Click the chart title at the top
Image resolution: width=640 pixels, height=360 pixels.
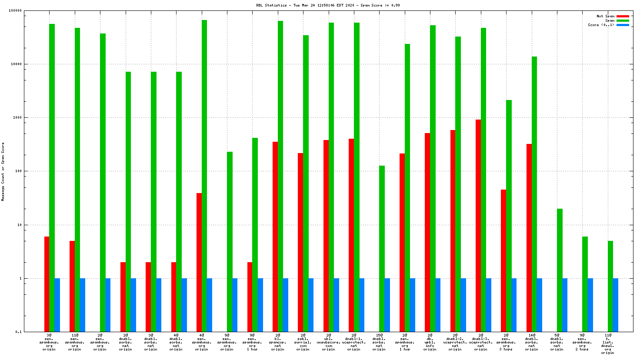(x=328, y=5)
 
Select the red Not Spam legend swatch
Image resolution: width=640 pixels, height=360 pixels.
(x=623, y=17)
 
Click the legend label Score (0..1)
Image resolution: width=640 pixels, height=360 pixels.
(x=601, y=25)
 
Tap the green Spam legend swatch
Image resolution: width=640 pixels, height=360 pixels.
(x=623, y=21)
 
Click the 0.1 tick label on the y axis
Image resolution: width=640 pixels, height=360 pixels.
(x=19, y=332)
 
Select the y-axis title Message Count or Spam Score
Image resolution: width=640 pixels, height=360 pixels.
(x=3, y=171)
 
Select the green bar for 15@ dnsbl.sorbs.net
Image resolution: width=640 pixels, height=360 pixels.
(x=382, y=248)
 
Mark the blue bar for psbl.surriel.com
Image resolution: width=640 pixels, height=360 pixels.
(x=311, y=305)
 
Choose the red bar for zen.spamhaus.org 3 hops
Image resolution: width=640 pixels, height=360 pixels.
(x=503, y=260)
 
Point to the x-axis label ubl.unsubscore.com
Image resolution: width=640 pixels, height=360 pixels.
(x=328, y=342)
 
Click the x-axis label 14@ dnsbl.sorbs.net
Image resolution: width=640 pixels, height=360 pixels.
(x=531, y=342)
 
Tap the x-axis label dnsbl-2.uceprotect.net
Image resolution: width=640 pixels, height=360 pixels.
(x=455, y=342)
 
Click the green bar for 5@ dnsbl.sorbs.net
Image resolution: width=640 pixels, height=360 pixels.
(x=560, y=270)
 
